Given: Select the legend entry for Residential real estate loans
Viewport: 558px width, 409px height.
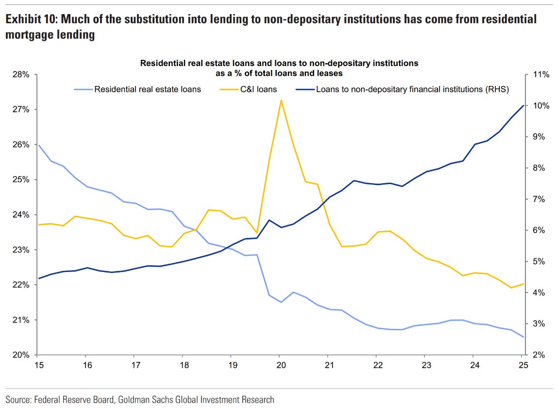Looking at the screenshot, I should point(147,89).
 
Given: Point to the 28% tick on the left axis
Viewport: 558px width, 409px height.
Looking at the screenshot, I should point(21,75).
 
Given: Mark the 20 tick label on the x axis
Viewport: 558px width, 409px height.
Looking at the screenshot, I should point(280,364).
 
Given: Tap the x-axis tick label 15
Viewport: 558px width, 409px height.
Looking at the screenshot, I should point(37,364).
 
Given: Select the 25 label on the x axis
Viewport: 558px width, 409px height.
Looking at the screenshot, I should point(522,364).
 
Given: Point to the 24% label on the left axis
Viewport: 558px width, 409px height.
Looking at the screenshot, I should point(21,215).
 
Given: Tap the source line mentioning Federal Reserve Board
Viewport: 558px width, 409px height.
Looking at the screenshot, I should point(140,400).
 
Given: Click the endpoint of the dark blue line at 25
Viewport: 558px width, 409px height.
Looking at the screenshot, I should point(523,105).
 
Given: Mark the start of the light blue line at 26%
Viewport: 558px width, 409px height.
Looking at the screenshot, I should point(38,145).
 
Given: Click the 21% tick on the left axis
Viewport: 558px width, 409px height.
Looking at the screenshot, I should point(21,320).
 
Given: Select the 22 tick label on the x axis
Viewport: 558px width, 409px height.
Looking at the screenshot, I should point(376,364).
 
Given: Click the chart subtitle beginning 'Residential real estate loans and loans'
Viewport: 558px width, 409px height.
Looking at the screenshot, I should point(279,63).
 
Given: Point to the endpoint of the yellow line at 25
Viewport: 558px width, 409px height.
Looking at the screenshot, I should point(523,284).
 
